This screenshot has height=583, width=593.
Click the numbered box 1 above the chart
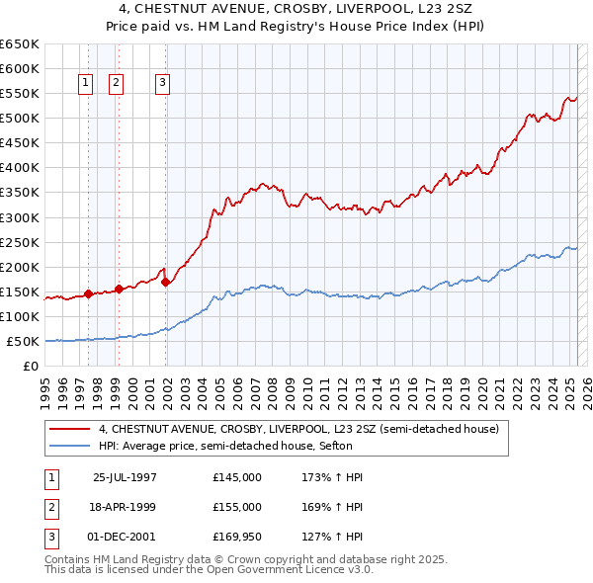[86, 84]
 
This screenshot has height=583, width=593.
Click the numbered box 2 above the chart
[117, 84]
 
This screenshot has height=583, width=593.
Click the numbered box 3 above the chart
[162, 84]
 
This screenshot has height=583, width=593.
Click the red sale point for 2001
[165, 282]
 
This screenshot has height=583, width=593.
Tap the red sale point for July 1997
[88, 293]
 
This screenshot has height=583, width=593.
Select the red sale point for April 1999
[119, 289]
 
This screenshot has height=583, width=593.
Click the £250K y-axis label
[20, 242]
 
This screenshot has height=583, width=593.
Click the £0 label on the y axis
[31, 367]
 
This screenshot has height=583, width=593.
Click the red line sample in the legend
[69, 430]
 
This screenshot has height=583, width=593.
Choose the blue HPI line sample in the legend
[69, 446]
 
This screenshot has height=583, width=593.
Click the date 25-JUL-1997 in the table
[125, 477]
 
